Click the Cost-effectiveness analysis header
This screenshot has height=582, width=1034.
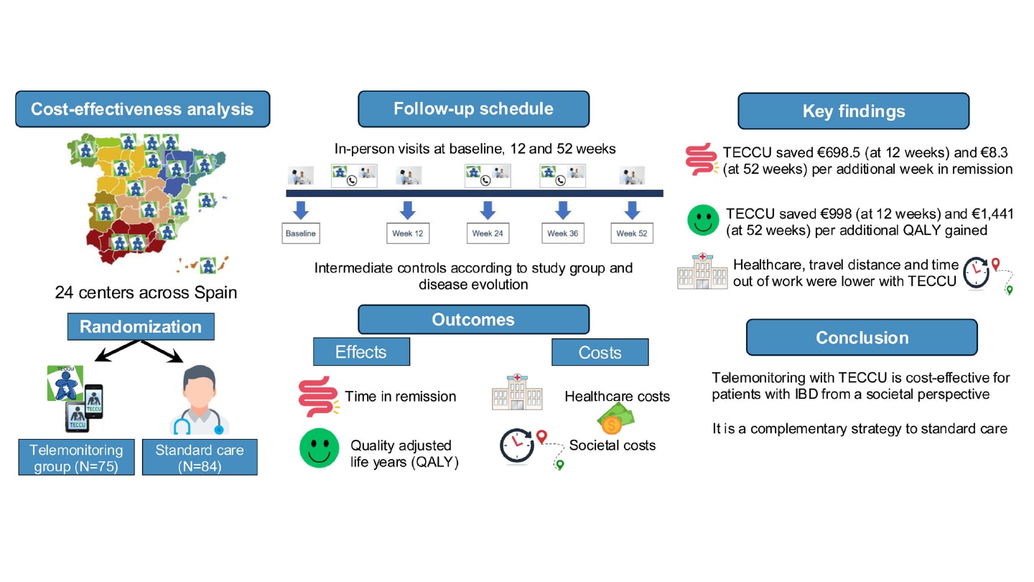click(x=143, y=109)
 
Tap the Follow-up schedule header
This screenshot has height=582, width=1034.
click(x=474, y=109)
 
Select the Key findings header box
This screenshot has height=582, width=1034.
click(x=854, y=111)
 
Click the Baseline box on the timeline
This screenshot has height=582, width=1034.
click(x=300, y=234)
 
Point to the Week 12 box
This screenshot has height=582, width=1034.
click(x=408, y=234)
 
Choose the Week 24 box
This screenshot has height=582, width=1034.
click(x=488, y=234)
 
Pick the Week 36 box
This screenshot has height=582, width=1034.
click(x=563, y=234)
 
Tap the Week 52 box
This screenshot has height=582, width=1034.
click(x=632, y=234)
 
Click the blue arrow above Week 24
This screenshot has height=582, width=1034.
click(x=488, y=210)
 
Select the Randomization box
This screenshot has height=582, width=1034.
click(x=141, y=326)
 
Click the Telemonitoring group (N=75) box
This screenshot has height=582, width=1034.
click(x=77, y=457)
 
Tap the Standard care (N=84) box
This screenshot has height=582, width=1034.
click(x=200, y=457)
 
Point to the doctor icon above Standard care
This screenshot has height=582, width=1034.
click(x=200, y=400)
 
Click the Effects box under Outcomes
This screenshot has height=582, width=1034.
click(x=361, y=352)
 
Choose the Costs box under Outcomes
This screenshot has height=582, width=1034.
click(x=600, y=352)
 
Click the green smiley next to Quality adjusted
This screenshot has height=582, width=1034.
click(x=319, y=448)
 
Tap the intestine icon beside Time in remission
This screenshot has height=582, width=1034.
click(x=319, y=397)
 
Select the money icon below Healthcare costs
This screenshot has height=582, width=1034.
click(x=615, y=419)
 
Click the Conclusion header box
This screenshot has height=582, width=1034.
click(x=862, y=338)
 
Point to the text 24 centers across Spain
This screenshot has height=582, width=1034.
click(x=146, y=292)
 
